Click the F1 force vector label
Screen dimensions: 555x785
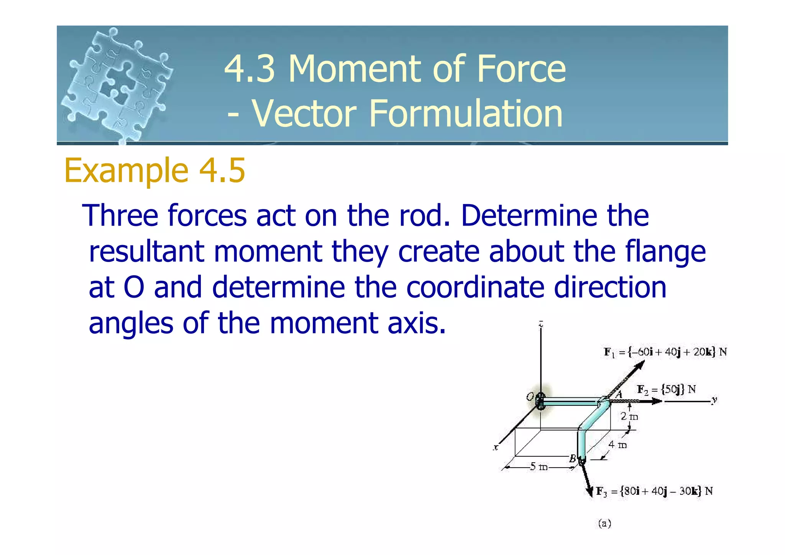coord(665,352)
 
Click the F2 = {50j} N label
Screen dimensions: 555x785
coord(666,389)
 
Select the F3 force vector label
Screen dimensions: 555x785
coord(654,491)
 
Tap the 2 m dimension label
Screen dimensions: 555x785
coord(629,416)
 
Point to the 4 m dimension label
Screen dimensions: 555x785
coord(617,445)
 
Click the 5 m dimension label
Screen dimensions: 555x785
coord(539,467)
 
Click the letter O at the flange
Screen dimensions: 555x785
coord(530,397)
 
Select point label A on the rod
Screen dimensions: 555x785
coord(619,394)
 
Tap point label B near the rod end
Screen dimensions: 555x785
coord(572,458)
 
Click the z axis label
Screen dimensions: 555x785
coord(541,324)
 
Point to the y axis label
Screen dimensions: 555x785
coord(714,400)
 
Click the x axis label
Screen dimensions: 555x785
coord(496,447)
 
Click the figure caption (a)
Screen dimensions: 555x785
coord(604,524)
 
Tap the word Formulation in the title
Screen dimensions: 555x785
coord(465,113)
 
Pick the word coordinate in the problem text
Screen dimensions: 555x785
coord(475,287)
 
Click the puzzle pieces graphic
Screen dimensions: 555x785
coord(117,84)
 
